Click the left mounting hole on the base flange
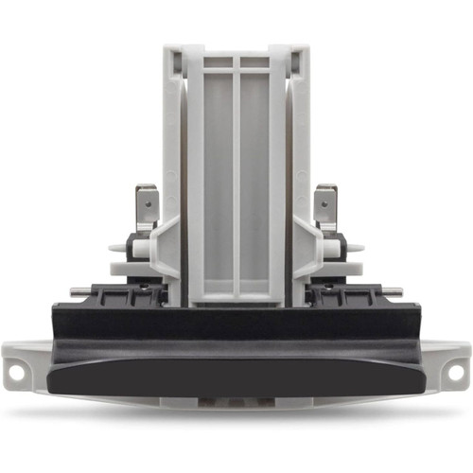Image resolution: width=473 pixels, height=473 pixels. click(x=16, y=374)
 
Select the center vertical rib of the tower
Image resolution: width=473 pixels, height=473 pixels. click(x=236, y=180)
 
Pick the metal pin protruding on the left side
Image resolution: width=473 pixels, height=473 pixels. click(x=79, y=291)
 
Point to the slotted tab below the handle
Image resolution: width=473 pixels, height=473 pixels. click(x=236, y=402)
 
